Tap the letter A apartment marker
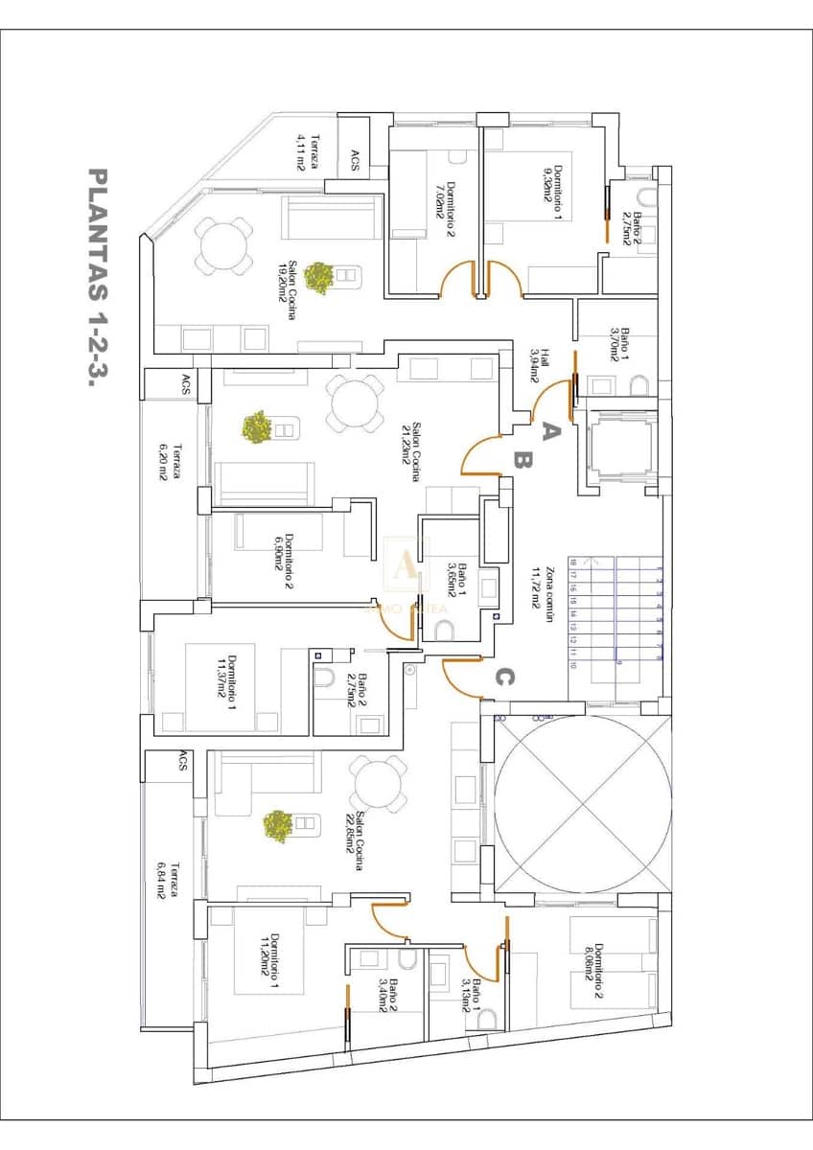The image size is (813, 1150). click(549, 431)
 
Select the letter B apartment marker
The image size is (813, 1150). click(522, 461)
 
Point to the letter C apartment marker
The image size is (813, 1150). click(504, 677)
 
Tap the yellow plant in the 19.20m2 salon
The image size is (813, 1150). click(319, 277)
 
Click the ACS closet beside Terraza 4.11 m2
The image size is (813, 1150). click(355, 160)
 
